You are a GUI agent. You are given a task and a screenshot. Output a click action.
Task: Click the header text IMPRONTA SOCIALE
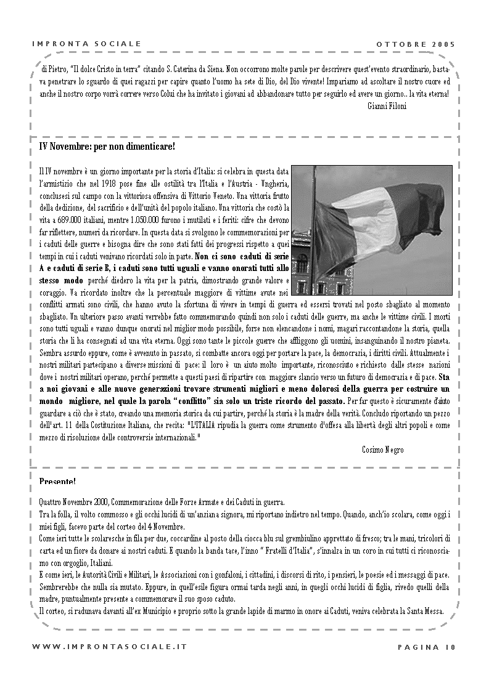[86, 44]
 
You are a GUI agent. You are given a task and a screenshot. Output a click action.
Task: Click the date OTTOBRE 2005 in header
[415, 44]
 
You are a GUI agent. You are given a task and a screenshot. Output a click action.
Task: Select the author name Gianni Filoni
[404, 106]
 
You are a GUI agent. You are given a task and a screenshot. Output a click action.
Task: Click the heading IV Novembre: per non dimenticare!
[107, 147]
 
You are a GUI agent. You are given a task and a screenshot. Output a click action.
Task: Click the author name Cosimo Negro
[382, 450]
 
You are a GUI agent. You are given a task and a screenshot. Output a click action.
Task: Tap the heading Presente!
[57, 480]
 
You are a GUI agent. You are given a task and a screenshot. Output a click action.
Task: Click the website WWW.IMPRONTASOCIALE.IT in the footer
[109, 647]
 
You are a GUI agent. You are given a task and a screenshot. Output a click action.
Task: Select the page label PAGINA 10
[426, 647]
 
